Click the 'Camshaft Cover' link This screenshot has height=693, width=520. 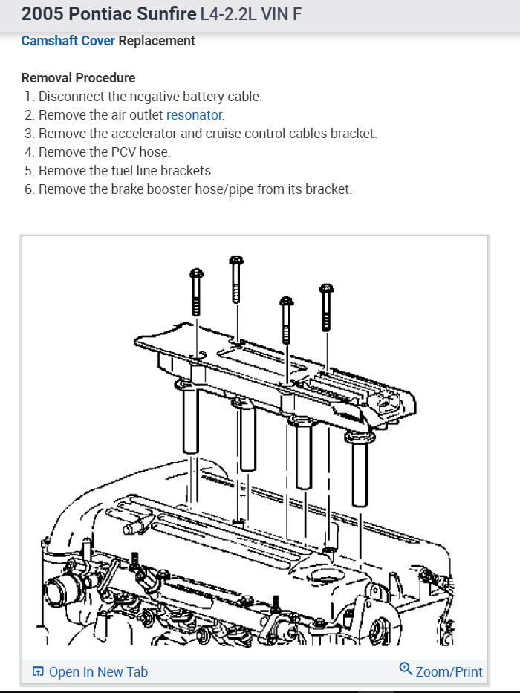pyautogui.click(x=68, y=41)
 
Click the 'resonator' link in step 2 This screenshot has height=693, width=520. pyautogui.click(x=194, y=115)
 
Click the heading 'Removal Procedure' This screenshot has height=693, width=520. pyautogui.click(x=78, y=78)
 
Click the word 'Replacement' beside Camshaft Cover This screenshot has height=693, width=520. pyautogui.click(x=157, y=41)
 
